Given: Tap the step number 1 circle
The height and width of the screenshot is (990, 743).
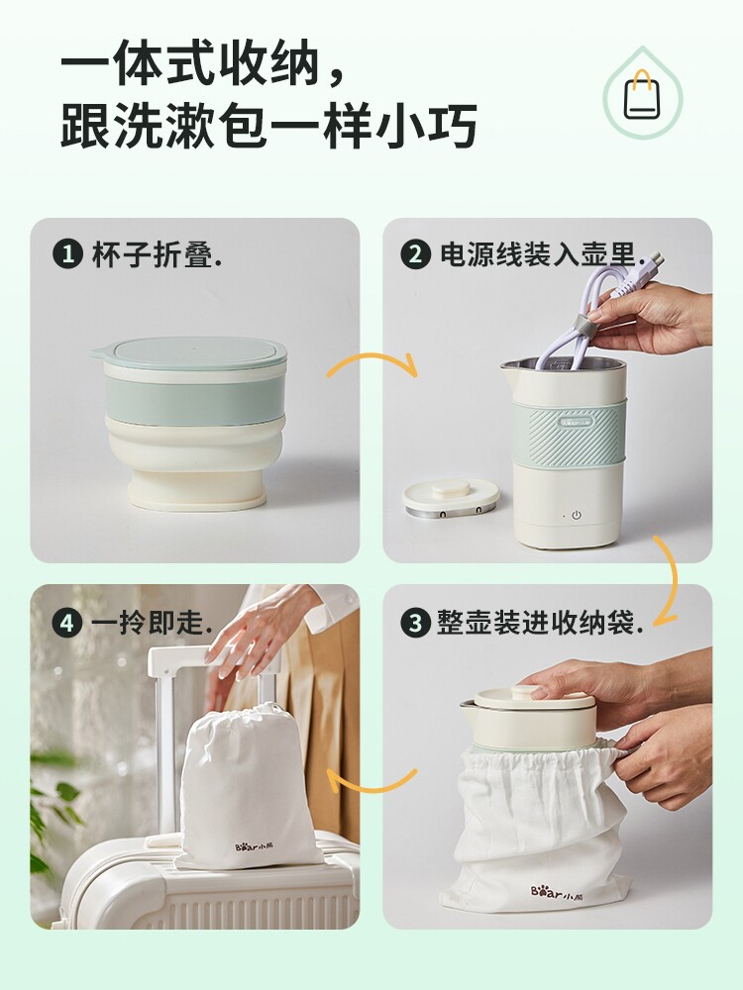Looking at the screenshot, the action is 67,254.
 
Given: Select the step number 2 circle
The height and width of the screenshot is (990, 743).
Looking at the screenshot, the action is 416,254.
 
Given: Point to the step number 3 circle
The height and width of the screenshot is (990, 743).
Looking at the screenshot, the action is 416,623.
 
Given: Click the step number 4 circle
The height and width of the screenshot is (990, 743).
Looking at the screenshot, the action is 67,623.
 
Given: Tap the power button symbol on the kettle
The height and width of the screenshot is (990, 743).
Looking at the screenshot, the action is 577,515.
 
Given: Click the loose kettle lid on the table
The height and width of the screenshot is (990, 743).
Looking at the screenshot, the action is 451,497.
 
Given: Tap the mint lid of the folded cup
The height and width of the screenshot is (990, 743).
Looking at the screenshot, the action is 189,353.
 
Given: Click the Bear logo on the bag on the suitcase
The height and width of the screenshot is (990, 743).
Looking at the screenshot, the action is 259,846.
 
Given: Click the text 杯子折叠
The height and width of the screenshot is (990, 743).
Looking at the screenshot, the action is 152,254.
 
